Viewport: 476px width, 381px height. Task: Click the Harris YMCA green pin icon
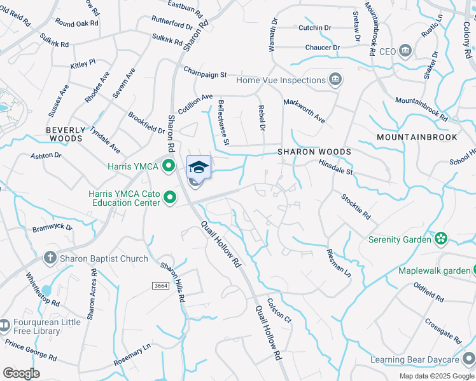point(169,167)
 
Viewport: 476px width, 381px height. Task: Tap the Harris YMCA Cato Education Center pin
point(170,197)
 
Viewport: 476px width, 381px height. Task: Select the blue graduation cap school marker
point(199,168)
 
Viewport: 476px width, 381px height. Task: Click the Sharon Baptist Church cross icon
point(50,258)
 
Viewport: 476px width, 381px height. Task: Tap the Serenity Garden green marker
point(440,239)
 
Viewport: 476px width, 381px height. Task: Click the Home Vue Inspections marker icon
point(335,80)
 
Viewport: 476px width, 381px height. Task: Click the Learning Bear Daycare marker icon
point(469,360)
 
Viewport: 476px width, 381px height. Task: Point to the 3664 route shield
point(162,286)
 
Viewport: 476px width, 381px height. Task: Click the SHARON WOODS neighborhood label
point(314,153)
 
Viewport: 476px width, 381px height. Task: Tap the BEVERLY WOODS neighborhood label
point(65,133)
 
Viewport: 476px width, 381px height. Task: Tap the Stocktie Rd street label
point(355,207)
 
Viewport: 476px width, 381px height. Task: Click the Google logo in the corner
point(21,373)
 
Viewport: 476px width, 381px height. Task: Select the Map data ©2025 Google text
point(437,376)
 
